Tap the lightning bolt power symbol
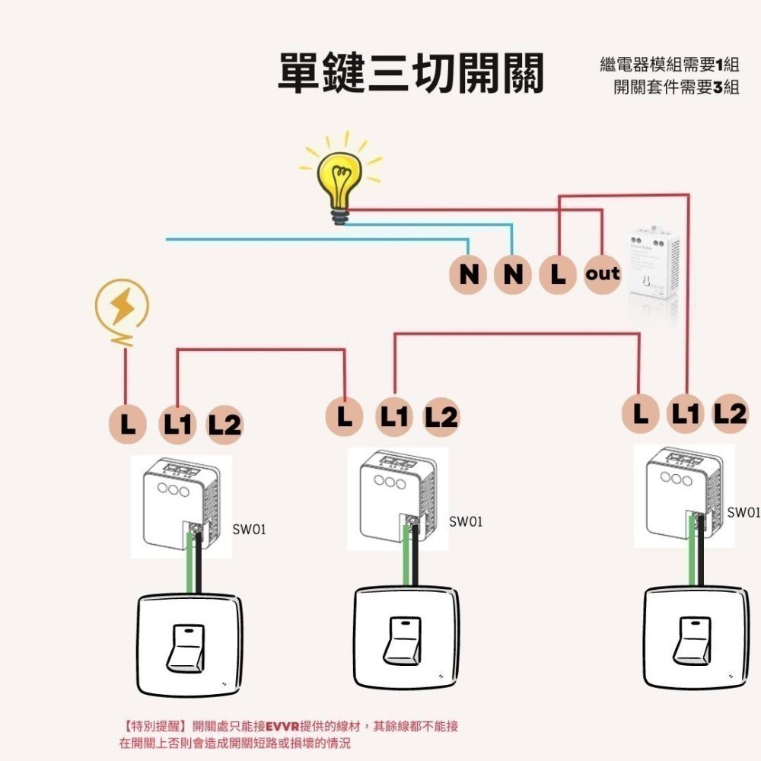[122, 306]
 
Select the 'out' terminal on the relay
[602, 274]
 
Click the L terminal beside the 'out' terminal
[559, 274]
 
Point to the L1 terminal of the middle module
[394, 416]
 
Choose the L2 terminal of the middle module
[441, 417]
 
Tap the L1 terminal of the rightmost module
[686, 412]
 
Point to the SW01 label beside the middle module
[465, 522]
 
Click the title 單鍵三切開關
[410, 75]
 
